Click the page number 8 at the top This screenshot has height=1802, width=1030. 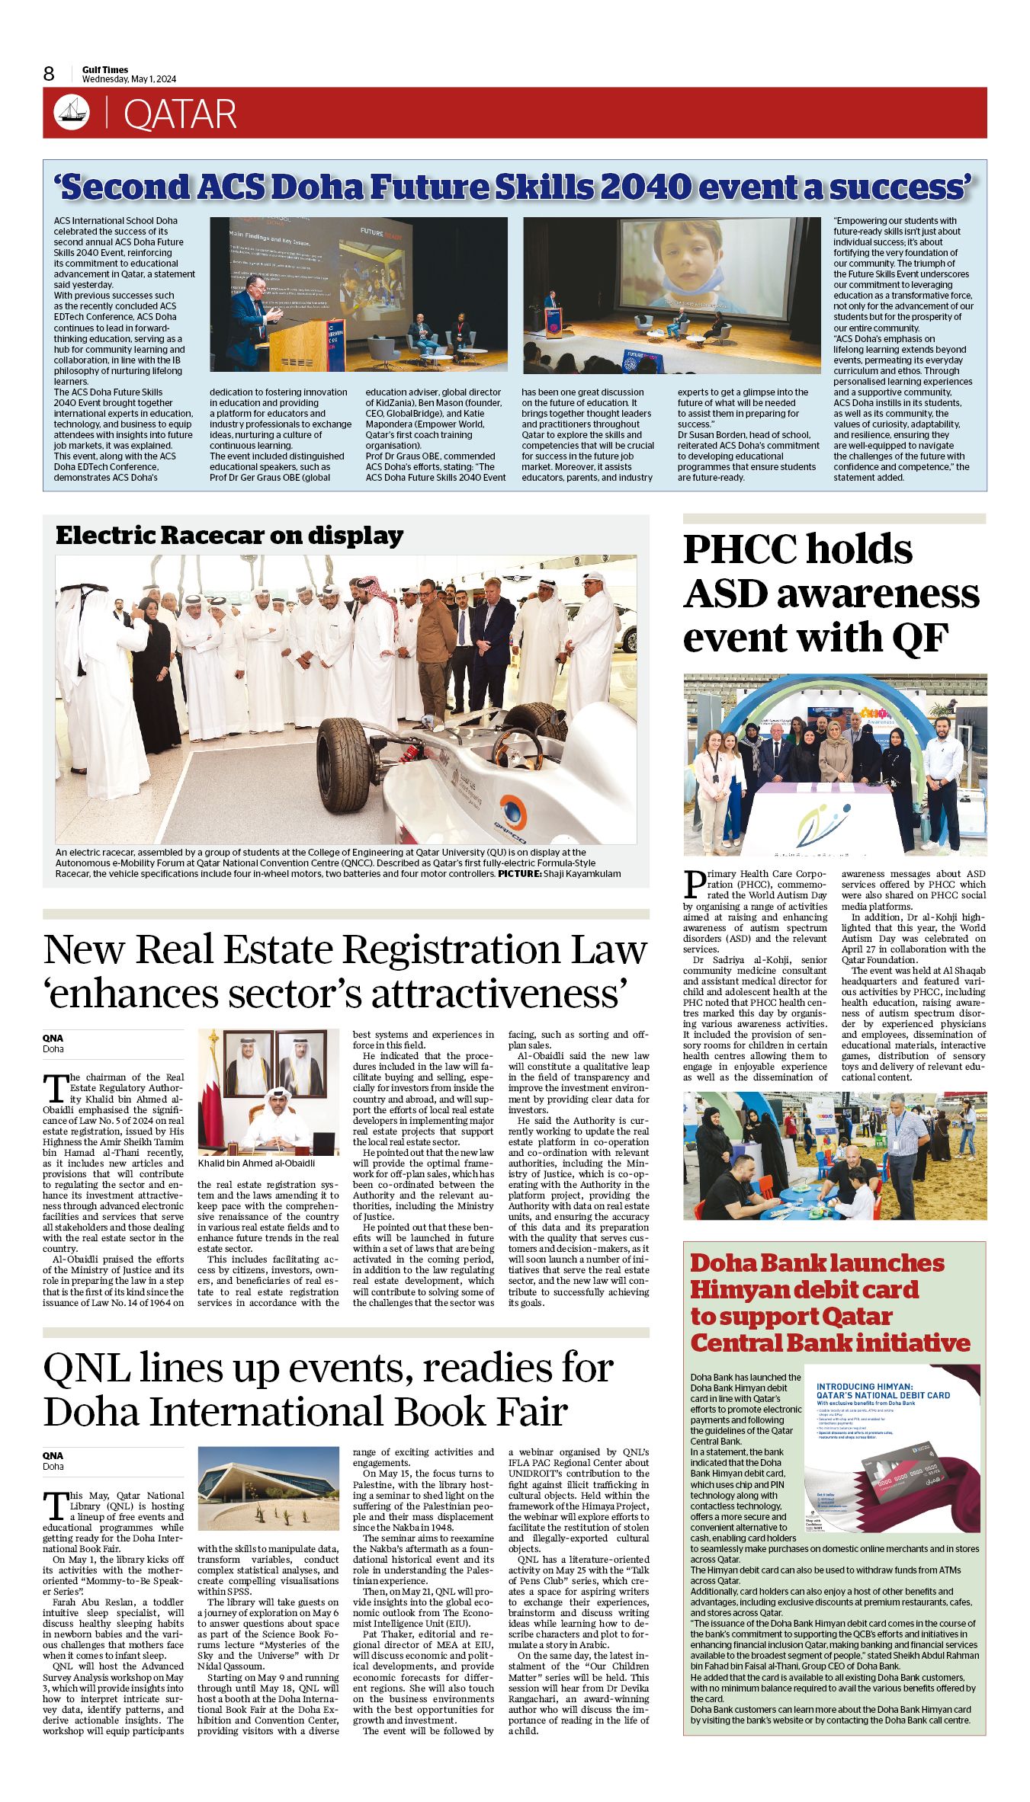pyautogui.click(x=50, y=74)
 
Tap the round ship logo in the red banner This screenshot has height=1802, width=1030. pyautogui.click(x=72, y=113)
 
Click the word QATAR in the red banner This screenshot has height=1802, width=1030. pyautogui.click(x=180, y=114)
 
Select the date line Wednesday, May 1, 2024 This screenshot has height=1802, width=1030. pyautogui.click(x=129, y=79)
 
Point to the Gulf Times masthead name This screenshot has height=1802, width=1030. pyautogui.click(x=105, y=69)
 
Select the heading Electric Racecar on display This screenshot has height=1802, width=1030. pyautogui.click(x=229, y=536)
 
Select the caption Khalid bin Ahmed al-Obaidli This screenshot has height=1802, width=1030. pyautogui.click(x=256, y=1163)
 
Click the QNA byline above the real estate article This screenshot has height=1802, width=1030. pyautogui.click(x=53, y=1038)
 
